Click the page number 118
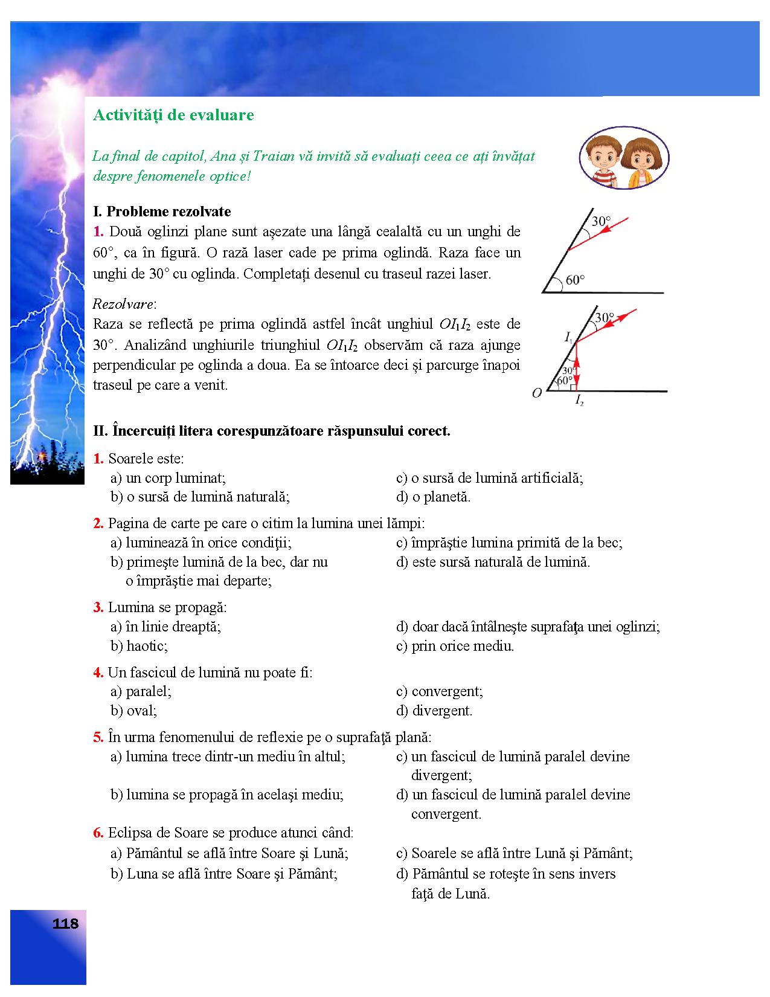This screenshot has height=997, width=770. (65, 924)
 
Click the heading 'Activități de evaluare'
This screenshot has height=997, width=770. (173, 115)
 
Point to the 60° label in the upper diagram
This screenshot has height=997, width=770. (575, 280)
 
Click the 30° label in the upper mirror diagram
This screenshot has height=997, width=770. (601, 221)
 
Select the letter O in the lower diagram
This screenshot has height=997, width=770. (536, 393)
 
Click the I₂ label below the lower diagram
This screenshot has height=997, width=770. (579, 400)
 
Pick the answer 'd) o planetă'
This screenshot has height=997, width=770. (433, 497)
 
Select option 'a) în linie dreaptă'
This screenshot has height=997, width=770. (165, 627)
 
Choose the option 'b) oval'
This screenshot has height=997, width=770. (133, 711)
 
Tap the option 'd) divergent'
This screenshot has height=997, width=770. (434, 711)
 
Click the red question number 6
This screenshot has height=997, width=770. (98, 833)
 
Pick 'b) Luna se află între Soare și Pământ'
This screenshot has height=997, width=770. (223, 874)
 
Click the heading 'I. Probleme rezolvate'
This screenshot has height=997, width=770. (162, 211)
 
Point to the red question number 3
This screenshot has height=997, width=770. (98, 607)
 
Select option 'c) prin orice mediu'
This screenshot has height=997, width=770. (455, 646)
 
